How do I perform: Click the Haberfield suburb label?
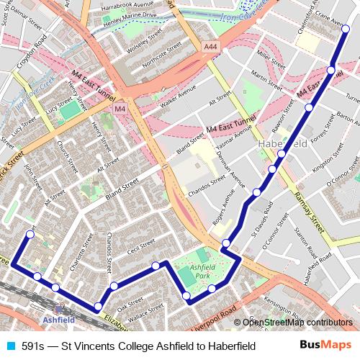tap(282, 144)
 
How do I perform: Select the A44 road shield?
tap(210, 47)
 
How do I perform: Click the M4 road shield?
tap(120, 109)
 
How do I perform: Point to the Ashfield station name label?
tap(58, 319)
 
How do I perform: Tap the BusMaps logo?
tap(325, 346)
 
